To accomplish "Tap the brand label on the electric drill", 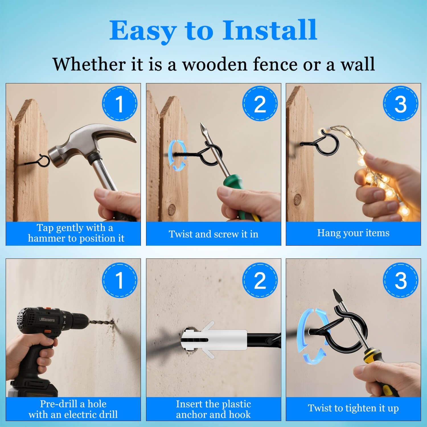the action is (47, 320).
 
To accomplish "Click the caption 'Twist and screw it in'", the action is (213, 234).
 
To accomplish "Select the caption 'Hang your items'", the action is (353, 233).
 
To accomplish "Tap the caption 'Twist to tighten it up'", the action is (353, 408).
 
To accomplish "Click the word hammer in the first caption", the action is (46, 238).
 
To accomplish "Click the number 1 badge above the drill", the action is (120, 280).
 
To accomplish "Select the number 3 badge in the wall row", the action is (401, 280).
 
